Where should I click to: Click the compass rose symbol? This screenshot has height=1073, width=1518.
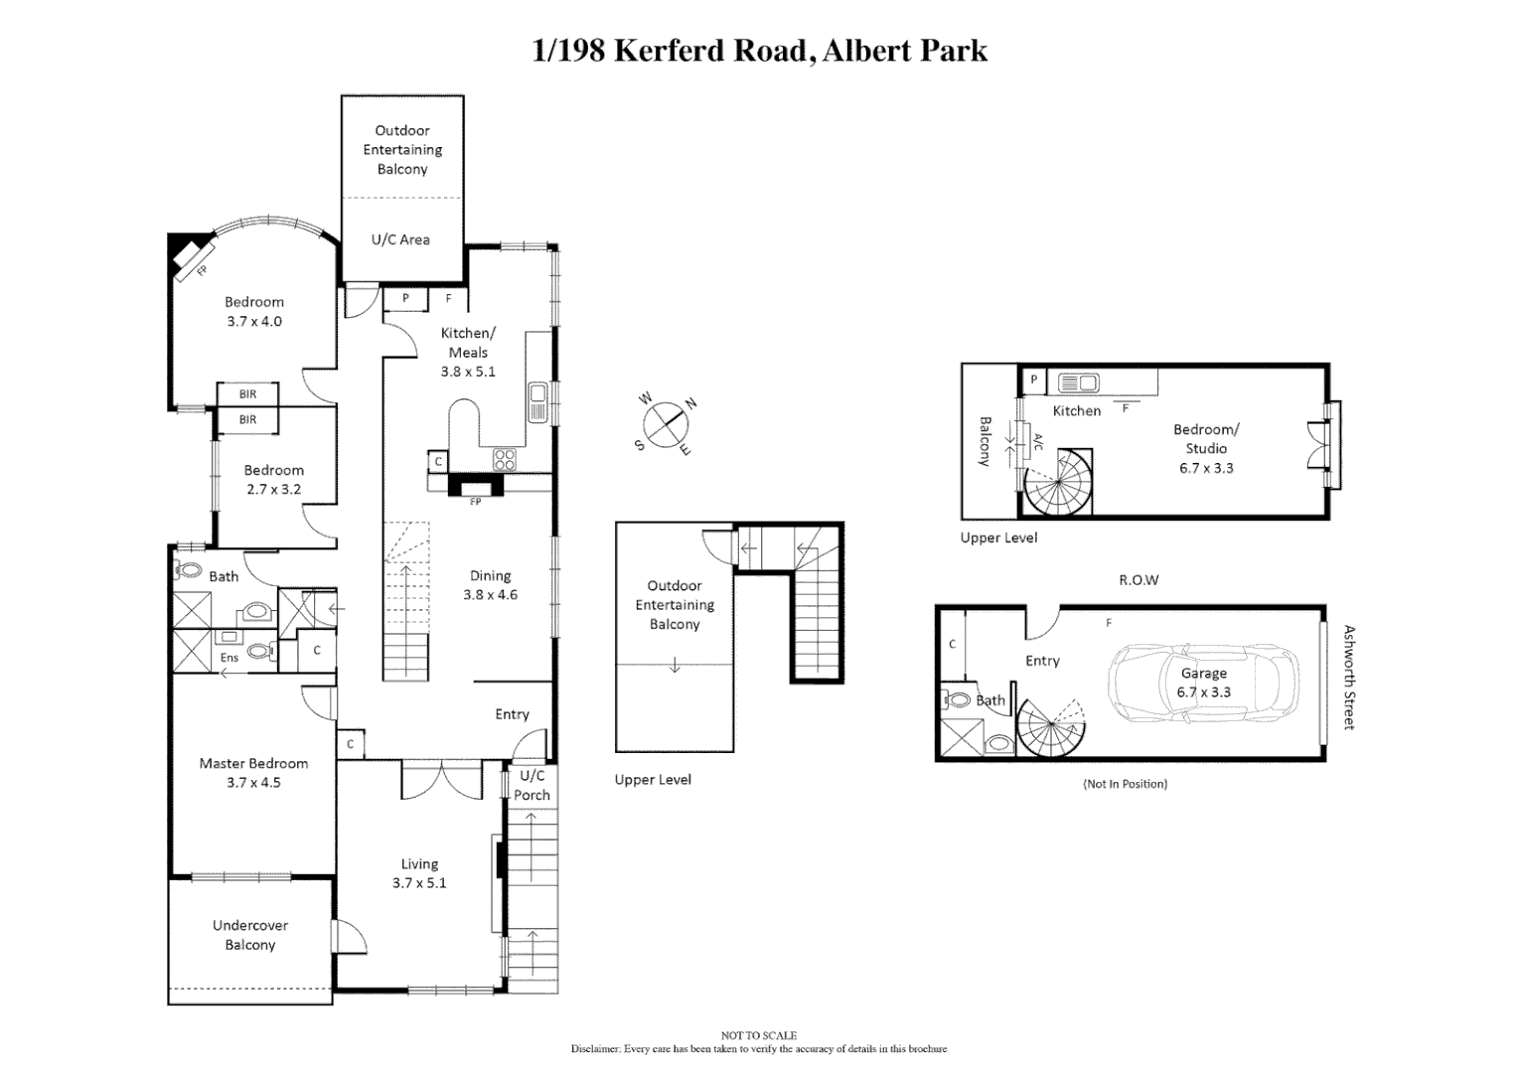click(666, 425)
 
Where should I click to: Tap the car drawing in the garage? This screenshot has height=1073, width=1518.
click(1203, 684)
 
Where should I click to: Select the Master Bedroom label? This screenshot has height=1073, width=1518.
click(253, 763)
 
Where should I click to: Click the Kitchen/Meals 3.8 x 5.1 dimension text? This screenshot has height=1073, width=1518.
click(468, 372)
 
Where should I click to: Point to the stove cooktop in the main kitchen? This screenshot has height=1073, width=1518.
click(505, 459)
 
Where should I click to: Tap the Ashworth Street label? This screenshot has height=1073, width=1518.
click(1349, 678)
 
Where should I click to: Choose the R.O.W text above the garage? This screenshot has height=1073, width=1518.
click(1138, 580)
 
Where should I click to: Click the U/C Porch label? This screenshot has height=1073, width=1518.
click(532, 785)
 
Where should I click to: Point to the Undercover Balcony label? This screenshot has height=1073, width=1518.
click(250, 935)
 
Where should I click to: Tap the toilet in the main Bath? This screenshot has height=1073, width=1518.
click(188, 571)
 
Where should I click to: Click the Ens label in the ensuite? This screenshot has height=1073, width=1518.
click(229, 658)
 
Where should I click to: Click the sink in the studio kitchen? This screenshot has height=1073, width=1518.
click(1079, 383)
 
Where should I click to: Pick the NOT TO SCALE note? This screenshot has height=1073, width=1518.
click(759, 1035)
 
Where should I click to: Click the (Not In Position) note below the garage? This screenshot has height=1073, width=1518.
click(1125, 784)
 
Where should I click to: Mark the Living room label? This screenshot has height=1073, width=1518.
click(419, 864)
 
